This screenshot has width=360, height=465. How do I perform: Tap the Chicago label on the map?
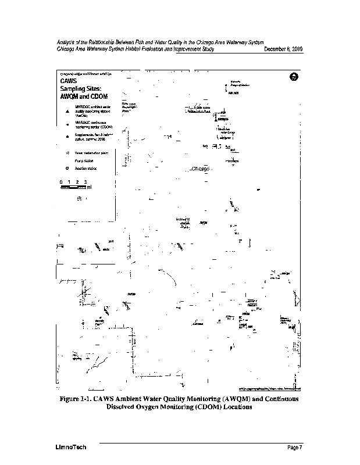click(199, 169)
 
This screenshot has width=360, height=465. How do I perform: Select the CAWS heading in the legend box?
click(69, 81)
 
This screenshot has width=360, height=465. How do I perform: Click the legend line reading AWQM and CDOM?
click(83, 96)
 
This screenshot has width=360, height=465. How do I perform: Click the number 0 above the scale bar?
click(60, 182)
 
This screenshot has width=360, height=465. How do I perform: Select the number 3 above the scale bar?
click(85, 182)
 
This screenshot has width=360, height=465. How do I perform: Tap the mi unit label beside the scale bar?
click(88, 187)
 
